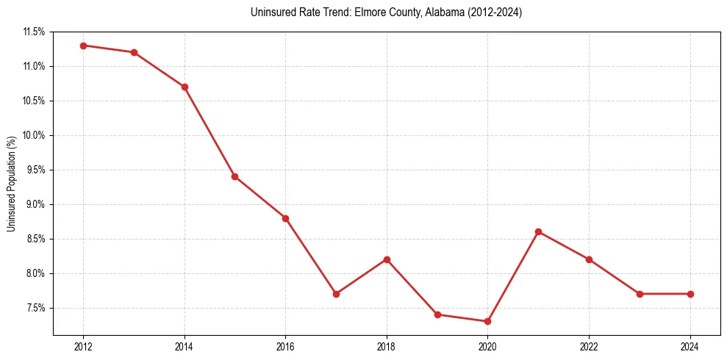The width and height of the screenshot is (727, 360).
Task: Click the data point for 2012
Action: (83, 46)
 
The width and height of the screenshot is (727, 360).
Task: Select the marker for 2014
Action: (185, 87)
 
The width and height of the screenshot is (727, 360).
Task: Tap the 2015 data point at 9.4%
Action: (234, 176)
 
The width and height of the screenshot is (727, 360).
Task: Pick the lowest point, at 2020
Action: (488, 321)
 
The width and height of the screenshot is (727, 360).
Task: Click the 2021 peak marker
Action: (539, 231)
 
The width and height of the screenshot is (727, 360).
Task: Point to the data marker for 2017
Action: (336, 294)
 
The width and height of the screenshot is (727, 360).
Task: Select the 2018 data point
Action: (387, 259)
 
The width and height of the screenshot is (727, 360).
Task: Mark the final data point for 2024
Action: (690, 294)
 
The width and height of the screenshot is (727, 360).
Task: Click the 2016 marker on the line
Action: (285, 218)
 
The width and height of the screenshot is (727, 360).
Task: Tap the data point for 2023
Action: (640, 294)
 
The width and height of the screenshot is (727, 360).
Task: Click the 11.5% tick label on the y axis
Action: (34, 32)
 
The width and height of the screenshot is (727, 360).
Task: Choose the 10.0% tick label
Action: (34, 135)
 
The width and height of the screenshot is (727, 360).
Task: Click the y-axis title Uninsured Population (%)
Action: (11, 184)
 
